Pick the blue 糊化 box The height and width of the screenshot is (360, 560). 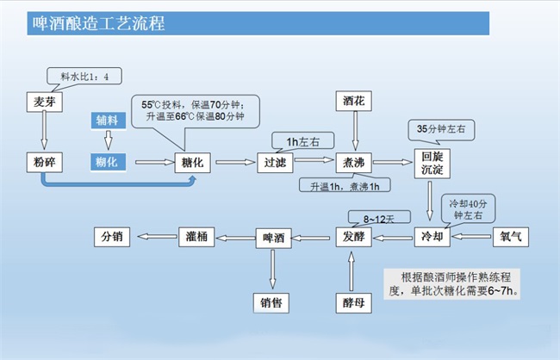pos(109,161)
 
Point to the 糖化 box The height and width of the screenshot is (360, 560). pos(193,161)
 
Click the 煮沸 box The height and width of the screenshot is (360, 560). pos(354,161)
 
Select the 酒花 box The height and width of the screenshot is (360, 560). pos(354,102)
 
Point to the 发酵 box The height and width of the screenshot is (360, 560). pos(353,235)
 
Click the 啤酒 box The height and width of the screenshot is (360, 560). pos(274,235)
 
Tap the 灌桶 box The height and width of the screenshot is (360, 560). pos(194,235)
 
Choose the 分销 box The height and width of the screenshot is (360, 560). pos(114,235)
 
